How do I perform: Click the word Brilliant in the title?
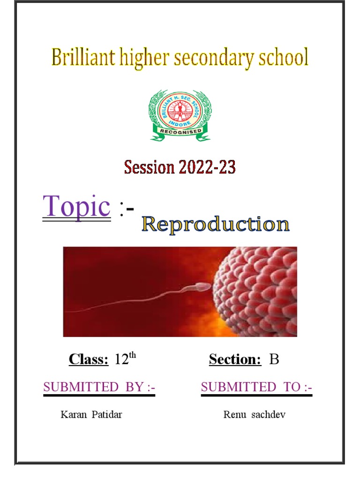click(x=80, y=58)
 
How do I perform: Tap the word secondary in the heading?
click(x=215, y=58)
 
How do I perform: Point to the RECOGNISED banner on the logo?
click(x=180, y=131)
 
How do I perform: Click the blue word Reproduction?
click(x=216, y=225)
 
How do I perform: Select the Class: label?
click(x=89, y=360)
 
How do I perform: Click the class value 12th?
click(x=125, y=359)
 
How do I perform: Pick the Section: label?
click(x=235, y=360)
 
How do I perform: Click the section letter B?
click(x=274, y=360)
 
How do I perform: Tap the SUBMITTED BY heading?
click(x=99, y=387)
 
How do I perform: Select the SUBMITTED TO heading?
click(x=256, y=387)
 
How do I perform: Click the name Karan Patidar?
click(x=91, y=415)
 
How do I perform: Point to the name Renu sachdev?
click(x=254, y=415)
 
